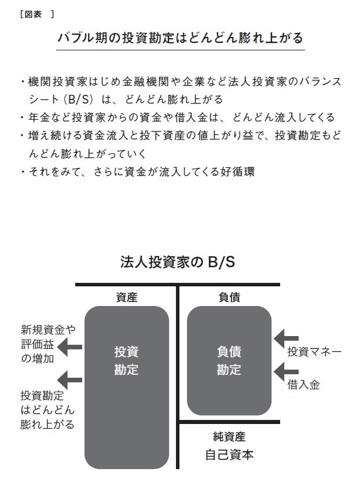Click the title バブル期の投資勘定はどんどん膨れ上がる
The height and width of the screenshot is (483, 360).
pyautogui.click(x=180, y=38)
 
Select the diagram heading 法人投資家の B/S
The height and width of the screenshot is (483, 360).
pyautogui.click(x=177, y=262)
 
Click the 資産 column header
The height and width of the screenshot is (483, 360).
pyautogui.click(x=127, y=297)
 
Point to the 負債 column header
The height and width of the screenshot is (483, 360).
pyautogui.click(x=229, y=297)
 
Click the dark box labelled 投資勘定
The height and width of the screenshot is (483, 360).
pyautogui.click(x=127, y=387)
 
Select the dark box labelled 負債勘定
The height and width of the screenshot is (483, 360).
pyautogui.click(x=229, y=360)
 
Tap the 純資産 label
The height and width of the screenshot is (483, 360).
pyautogui.click(x=229, y=437)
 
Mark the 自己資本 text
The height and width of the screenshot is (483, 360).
pyautogui.click(x=229, y=455)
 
